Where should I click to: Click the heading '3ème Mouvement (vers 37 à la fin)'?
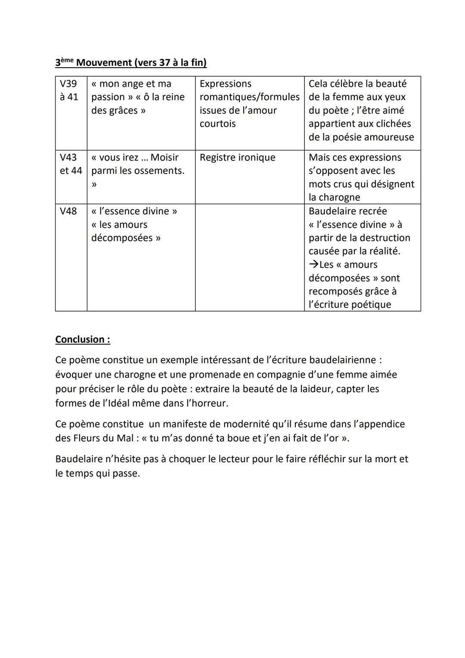[131, 63]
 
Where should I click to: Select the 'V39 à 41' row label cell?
[69, 90]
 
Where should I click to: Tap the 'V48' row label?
[68, 211]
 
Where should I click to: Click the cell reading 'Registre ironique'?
[237, 157]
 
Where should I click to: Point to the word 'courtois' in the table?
[217, 124]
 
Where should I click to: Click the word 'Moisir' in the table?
[164, 157]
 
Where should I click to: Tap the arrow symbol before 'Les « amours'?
[313, 265]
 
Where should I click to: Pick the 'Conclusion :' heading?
[83, 340]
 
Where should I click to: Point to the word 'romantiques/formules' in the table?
[249, 97]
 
